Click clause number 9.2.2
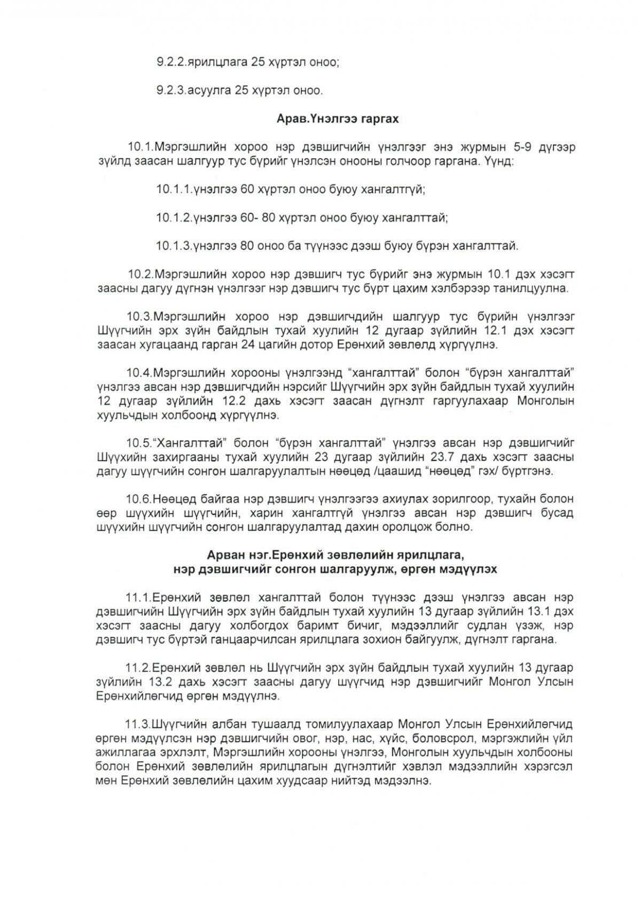click(171, 63)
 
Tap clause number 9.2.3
click(171, 91)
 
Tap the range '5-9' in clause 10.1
click(510, 147)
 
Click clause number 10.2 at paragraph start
click(141, 275)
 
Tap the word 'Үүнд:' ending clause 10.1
click(496, 161)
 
